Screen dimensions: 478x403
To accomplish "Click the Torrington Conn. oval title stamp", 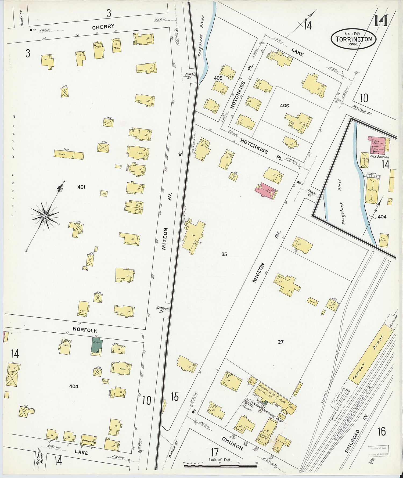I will (354, 39).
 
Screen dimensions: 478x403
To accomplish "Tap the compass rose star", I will (45, 216).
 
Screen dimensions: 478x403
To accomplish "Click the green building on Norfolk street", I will (96, 345).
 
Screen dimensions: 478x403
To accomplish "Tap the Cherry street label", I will (103, 27).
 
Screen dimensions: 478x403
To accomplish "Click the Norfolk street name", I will (85, 330).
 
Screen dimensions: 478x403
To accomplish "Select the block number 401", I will (81, 187).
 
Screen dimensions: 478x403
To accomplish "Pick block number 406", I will (284, 106).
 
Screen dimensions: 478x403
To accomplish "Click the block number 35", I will (224, 254).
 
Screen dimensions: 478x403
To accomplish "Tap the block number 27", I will (280, 342).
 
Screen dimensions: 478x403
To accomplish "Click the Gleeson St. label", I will (163, 310).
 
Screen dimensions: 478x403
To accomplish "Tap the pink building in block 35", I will (266, 191).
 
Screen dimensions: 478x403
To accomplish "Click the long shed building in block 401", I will (69, 154).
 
